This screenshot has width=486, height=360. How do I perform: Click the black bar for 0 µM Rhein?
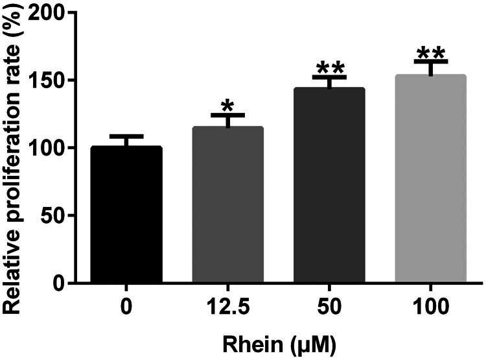point(126,214)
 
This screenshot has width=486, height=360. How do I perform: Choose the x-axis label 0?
point(126,305)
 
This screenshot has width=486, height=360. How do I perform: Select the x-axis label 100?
point(430,305)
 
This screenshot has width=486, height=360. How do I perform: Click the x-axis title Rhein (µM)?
point(278,342)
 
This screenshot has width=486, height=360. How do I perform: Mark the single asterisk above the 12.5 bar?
point(227,106)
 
